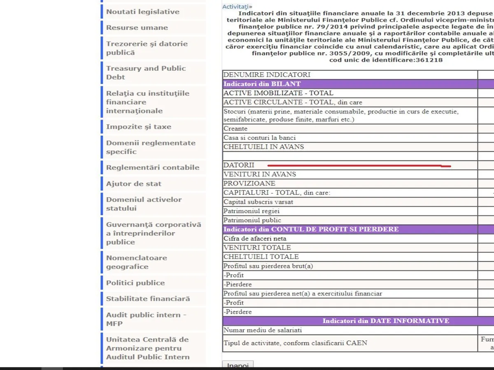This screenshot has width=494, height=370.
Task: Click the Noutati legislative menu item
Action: [x=143, y=12]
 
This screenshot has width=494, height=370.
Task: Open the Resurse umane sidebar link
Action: [x=137, y=28]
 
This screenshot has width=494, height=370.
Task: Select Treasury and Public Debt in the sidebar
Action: [x=146, y=73]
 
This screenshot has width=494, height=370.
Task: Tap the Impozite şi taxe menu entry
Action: [x=139, y=127]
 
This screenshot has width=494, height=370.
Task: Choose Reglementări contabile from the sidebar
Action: [x=153, y=167]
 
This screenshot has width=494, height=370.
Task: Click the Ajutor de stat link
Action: [x=134, y=184]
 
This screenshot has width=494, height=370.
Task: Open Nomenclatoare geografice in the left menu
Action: [x=137, y=262]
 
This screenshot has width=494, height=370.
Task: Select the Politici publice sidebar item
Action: [x=135, y=283]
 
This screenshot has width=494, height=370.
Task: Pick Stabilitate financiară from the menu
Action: [x=148, y=299]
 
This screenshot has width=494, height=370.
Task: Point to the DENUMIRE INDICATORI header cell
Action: [x=267, y=75]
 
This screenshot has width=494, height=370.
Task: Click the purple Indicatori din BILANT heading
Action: [x=262, y=84]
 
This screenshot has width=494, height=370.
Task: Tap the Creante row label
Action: [x=235, y=129]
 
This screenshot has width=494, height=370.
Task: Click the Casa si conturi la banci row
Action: [x=259, y=138]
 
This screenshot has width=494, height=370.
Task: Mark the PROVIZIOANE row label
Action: [x=249, y=183]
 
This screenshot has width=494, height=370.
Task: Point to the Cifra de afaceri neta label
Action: [x=255, y=238]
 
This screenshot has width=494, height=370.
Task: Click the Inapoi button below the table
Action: [x=238, y=365]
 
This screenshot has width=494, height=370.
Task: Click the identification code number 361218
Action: [x=429, y=60]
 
